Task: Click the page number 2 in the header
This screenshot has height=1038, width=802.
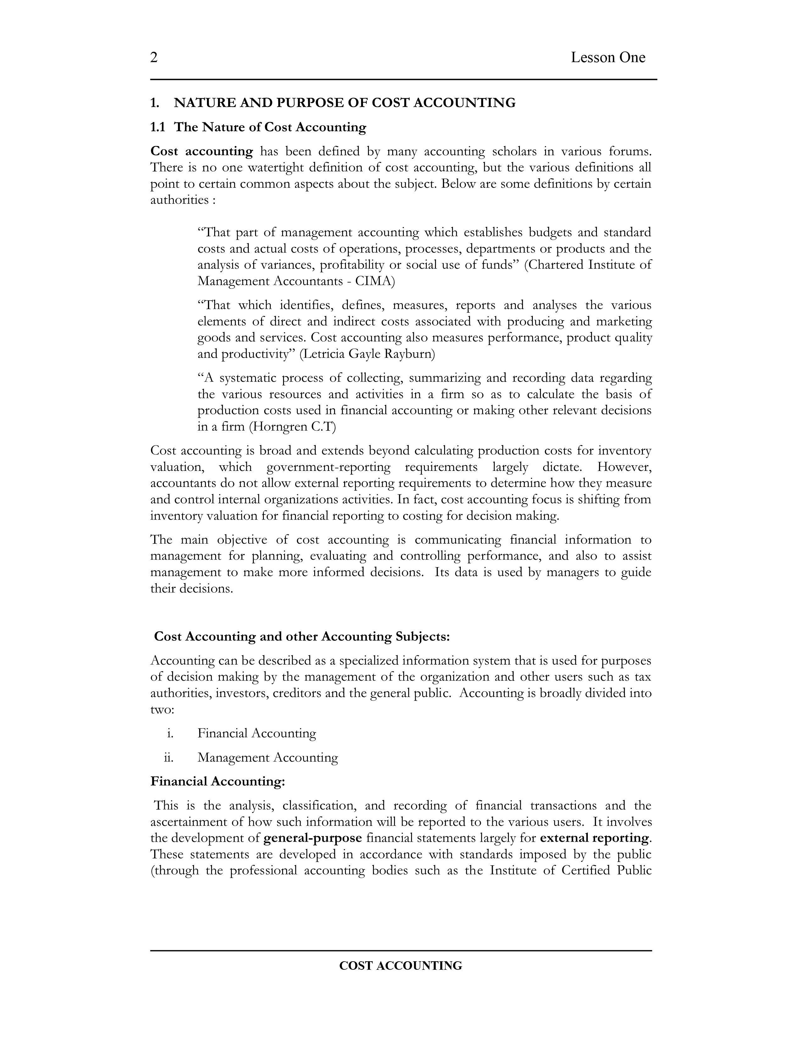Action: (x=154, y=58)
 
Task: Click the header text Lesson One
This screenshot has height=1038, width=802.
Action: (x=608, y=58)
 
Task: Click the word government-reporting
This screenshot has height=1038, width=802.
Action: (x=328, y=467)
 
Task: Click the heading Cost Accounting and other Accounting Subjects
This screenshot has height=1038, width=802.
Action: (x=302, y=636)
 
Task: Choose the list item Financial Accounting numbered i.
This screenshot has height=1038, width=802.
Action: (x=257, y=733)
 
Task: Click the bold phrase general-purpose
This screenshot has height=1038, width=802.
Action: (x=313, y=838)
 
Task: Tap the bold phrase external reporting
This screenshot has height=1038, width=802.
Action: (x=595, y=838)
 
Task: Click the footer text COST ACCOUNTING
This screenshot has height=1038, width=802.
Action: (x=400, y=966)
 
